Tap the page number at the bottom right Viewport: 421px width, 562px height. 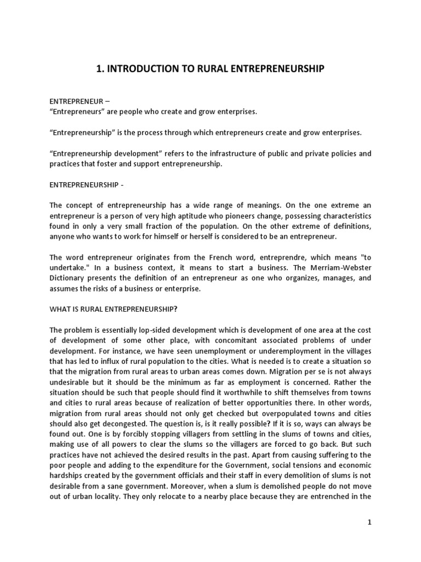tap(369, 522)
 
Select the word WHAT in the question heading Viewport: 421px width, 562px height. tap(60, 308)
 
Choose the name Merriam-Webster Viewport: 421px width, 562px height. tap(341, 269)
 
